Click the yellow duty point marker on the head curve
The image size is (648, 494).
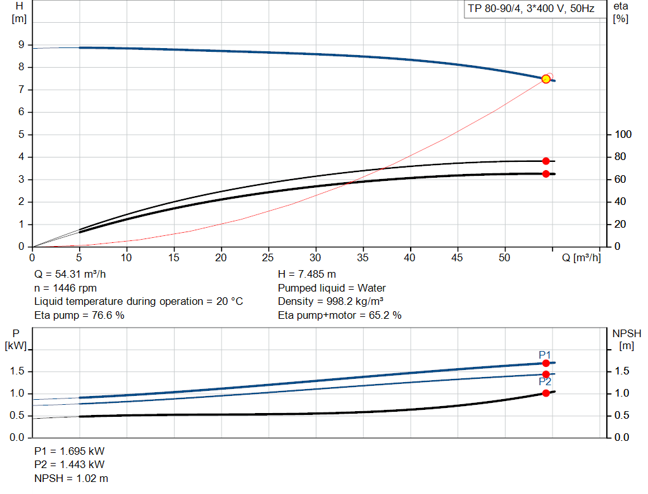click(546, 78)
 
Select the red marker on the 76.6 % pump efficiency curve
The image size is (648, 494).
click(546, 161)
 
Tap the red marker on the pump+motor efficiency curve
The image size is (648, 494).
click(546, 173)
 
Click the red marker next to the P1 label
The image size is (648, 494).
click(546, 363)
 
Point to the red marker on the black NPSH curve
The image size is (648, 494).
click(546, 393)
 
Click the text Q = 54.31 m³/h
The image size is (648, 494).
click(71, 275)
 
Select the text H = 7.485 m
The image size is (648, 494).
click(307, 275)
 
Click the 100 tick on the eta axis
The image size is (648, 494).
click(623, 135)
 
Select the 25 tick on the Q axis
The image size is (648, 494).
click(269, 257)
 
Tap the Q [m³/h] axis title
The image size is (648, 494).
click(581, 257)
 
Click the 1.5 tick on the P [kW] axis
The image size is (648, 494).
click(17, 371)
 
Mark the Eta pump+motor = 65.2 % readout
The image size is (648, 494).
click(340, 314)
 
